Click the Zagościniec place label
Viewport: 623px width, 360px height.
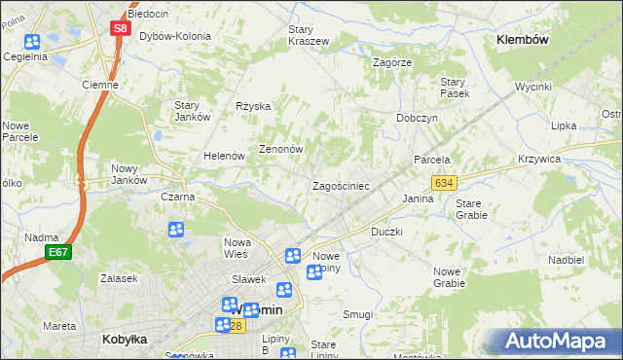340,185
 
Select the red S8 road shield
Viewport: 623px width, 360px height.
119,28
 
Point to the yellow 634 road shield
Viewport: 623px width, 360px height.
444,183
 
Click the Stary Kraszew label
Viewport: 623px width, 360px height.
309,35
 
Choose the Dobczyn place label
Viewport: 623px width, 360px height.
417,118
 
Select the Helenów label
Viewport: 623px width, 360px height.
223,156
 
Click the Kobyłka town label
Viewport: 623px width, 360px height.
124,340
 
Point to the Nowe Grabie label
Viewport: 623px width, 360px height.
449,277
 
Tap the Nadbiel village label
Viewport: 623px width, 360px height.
566,260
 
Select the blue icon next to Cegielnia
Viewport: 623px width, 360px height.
32,42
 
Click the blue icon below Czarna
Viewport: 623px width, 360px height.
176,230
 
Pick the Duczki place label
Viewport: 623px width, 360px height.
386,233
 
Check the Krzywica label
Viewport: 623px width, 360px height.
567,159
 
